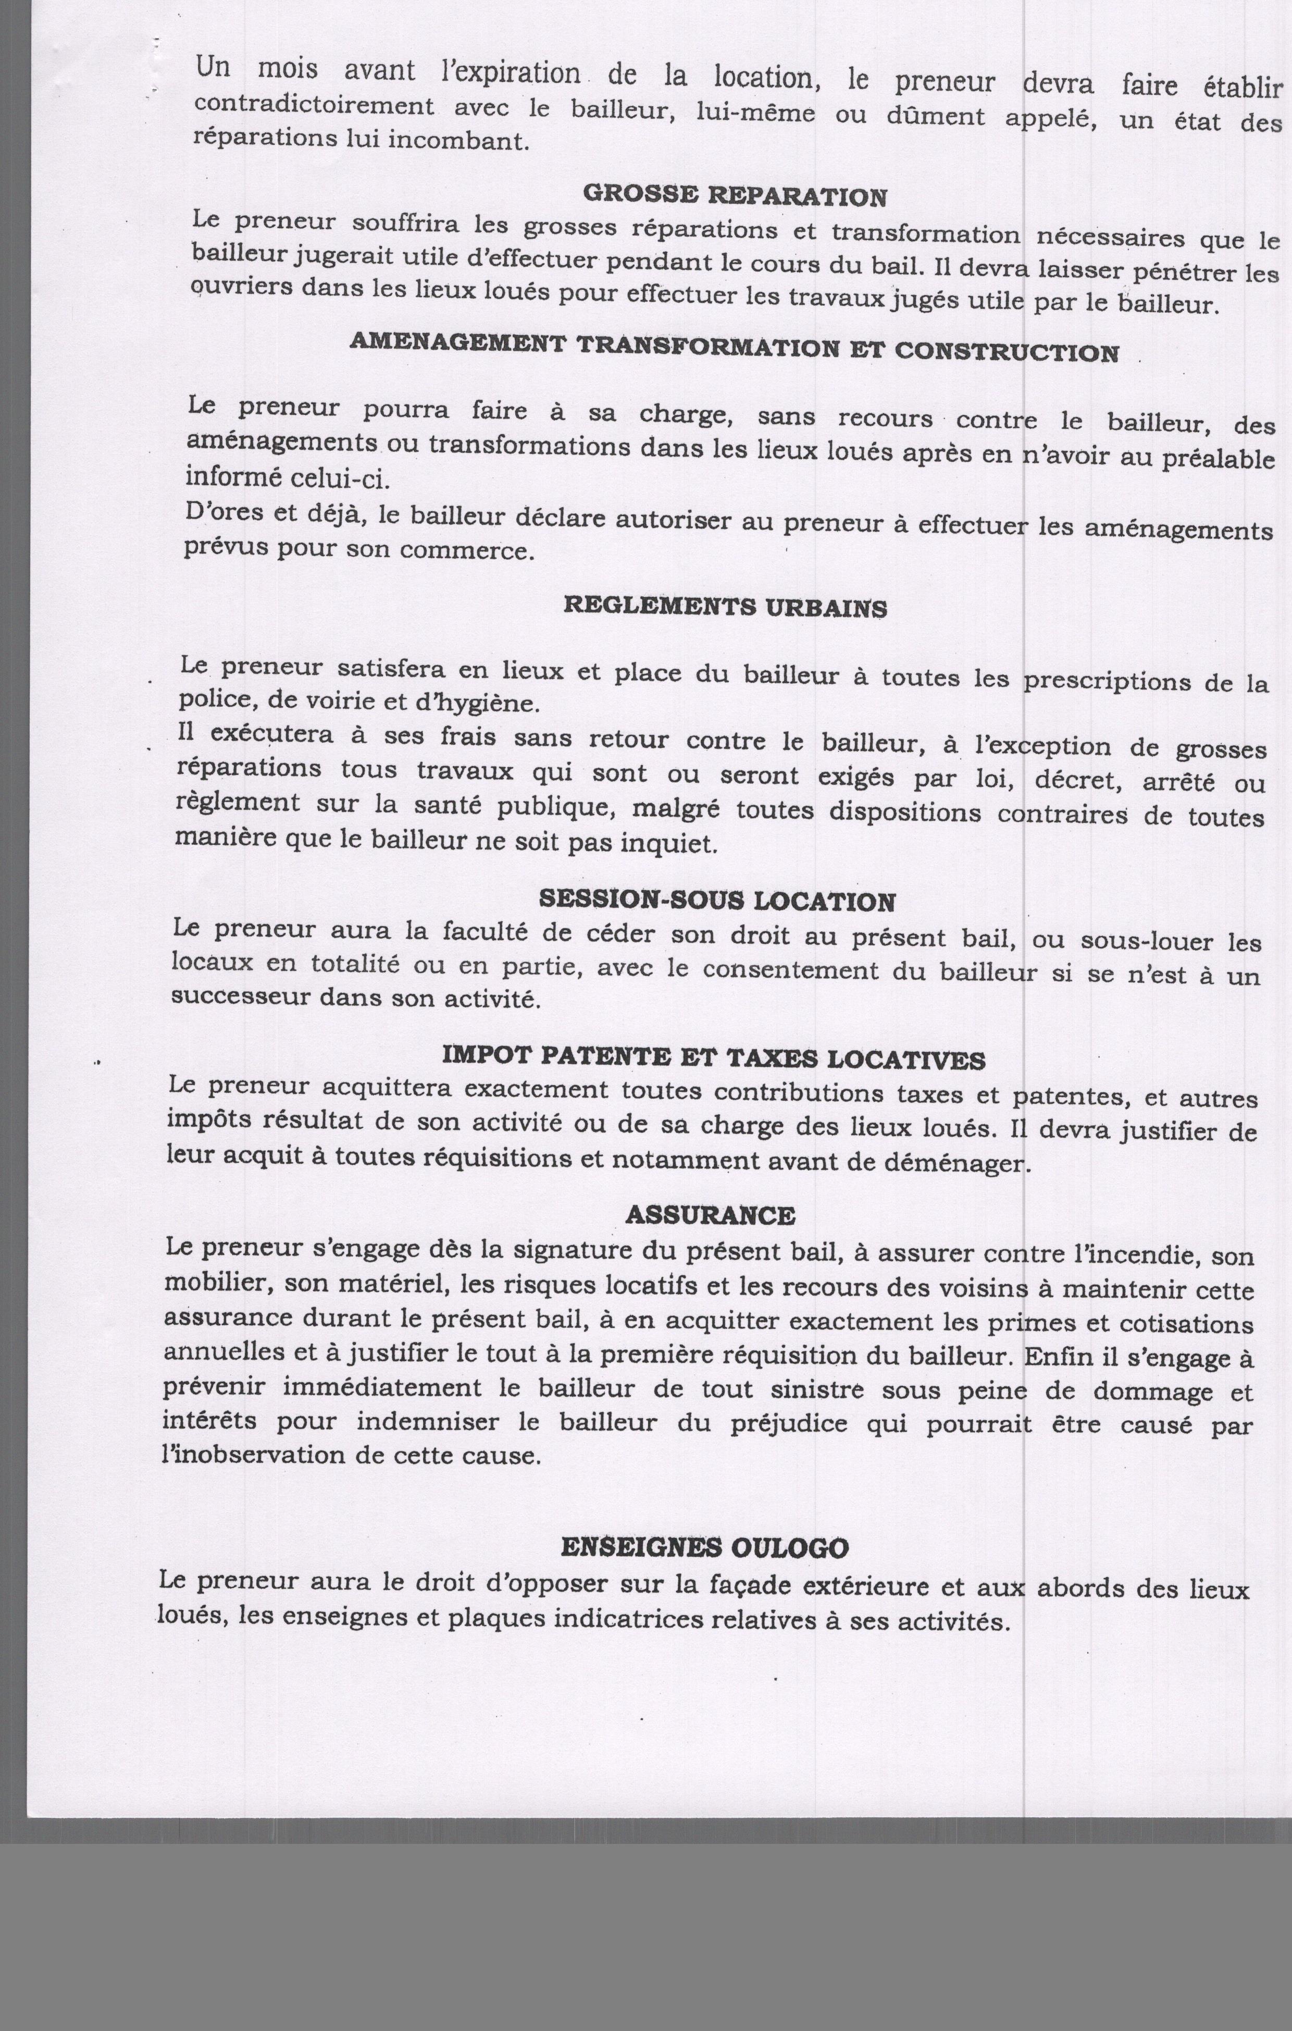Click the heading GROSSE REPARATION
click(735, 195)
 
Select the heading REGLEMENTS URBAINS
click(725, 607)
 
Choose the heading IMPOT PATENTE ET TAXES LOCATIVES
click(714, 1057)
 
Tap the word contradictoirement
click(314, 105)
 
